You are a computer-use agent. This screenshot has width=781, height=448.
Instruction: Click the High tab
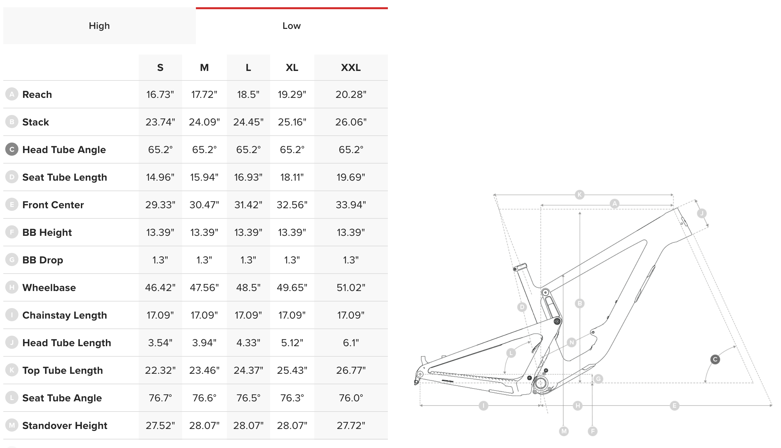coord(99,26)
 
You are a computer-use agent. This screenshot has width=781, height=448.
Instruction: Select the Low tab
coord(292,26)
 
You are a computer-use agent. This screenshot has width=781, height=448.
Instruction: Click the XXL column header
coord(351,68)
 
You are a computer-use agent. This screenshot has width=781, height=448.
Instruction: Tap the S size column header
coord(160,68)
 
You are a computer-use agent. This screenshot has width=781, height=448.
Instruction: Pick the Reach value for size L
coord(248,95)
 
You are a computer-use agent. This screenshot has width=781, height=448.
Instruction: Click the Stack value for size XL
coord(292,122)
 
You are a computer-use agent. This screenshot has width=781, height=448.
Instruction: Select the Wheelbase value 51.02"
coord(351,288)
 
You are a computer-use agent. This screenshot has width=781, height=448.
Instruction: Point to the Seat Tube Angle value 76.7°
coord(160,398)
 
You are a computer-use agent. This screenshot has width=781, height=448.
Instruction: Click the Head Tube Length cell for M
coord(204,343)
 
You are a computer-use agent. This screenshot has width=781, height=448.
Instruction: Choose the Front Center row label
coord(53,205)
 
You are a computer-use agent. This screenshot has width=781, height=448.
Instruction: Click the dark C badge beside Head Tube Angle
coord(12,149)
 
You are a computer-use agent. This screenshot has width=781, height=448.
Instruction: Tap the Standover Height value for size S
coord(160,426)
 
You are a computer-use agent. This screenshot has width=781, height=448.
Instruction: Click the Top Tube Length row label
coord(62,370)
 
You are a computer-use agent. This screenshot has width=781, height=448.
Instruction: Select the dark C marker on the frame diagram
coord(715,359)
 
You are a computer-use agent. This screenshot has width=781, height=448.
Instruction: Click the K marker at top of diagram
coord(580,194)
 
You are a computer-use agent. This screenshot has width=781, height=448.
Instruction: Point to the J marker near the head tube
coord(702,213)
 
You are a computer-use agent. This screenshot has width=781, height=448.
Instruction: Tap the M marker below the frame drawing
coord(564,431)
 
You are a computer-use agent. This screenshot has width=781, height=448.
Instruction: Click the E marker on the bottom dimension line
coord(674,406)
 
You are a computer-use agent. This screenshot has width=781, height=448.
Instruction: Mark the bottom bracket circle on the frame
coord(540,383)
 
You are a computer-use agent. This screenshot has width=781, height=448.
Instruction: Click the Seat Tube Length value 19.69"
coord(351,177)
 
